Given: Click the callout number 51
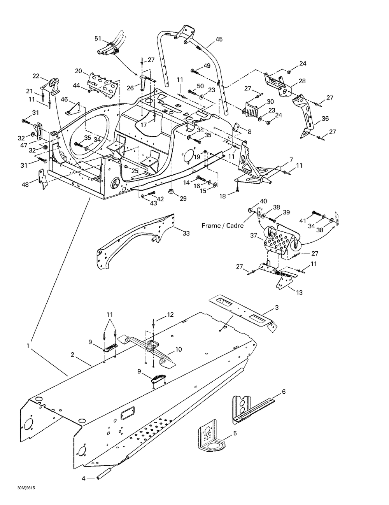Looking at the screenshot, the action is [98, 39].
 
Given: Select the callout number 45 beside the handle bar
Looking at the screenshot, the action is [219, 39].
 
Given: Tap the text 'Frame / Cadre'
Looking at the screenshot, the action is [223, 225].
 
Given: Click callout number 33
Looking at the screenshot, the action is [186, 233].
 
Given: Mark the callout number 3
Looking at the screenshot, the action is [277, 307].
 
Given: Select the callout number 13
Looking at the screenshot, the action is [299, 293].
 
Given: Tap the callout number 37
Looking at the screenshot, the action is [254, 236].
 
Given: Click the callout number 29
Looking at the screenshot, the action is [183, 198].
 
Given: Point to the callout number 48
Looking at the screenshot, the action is [25, 184].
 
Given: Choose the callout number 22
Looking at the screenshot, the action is [36, 76].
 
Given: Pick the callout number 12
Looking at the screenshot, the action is [170, 314].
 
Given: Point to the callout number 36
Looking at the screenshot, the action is [325, 119].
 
